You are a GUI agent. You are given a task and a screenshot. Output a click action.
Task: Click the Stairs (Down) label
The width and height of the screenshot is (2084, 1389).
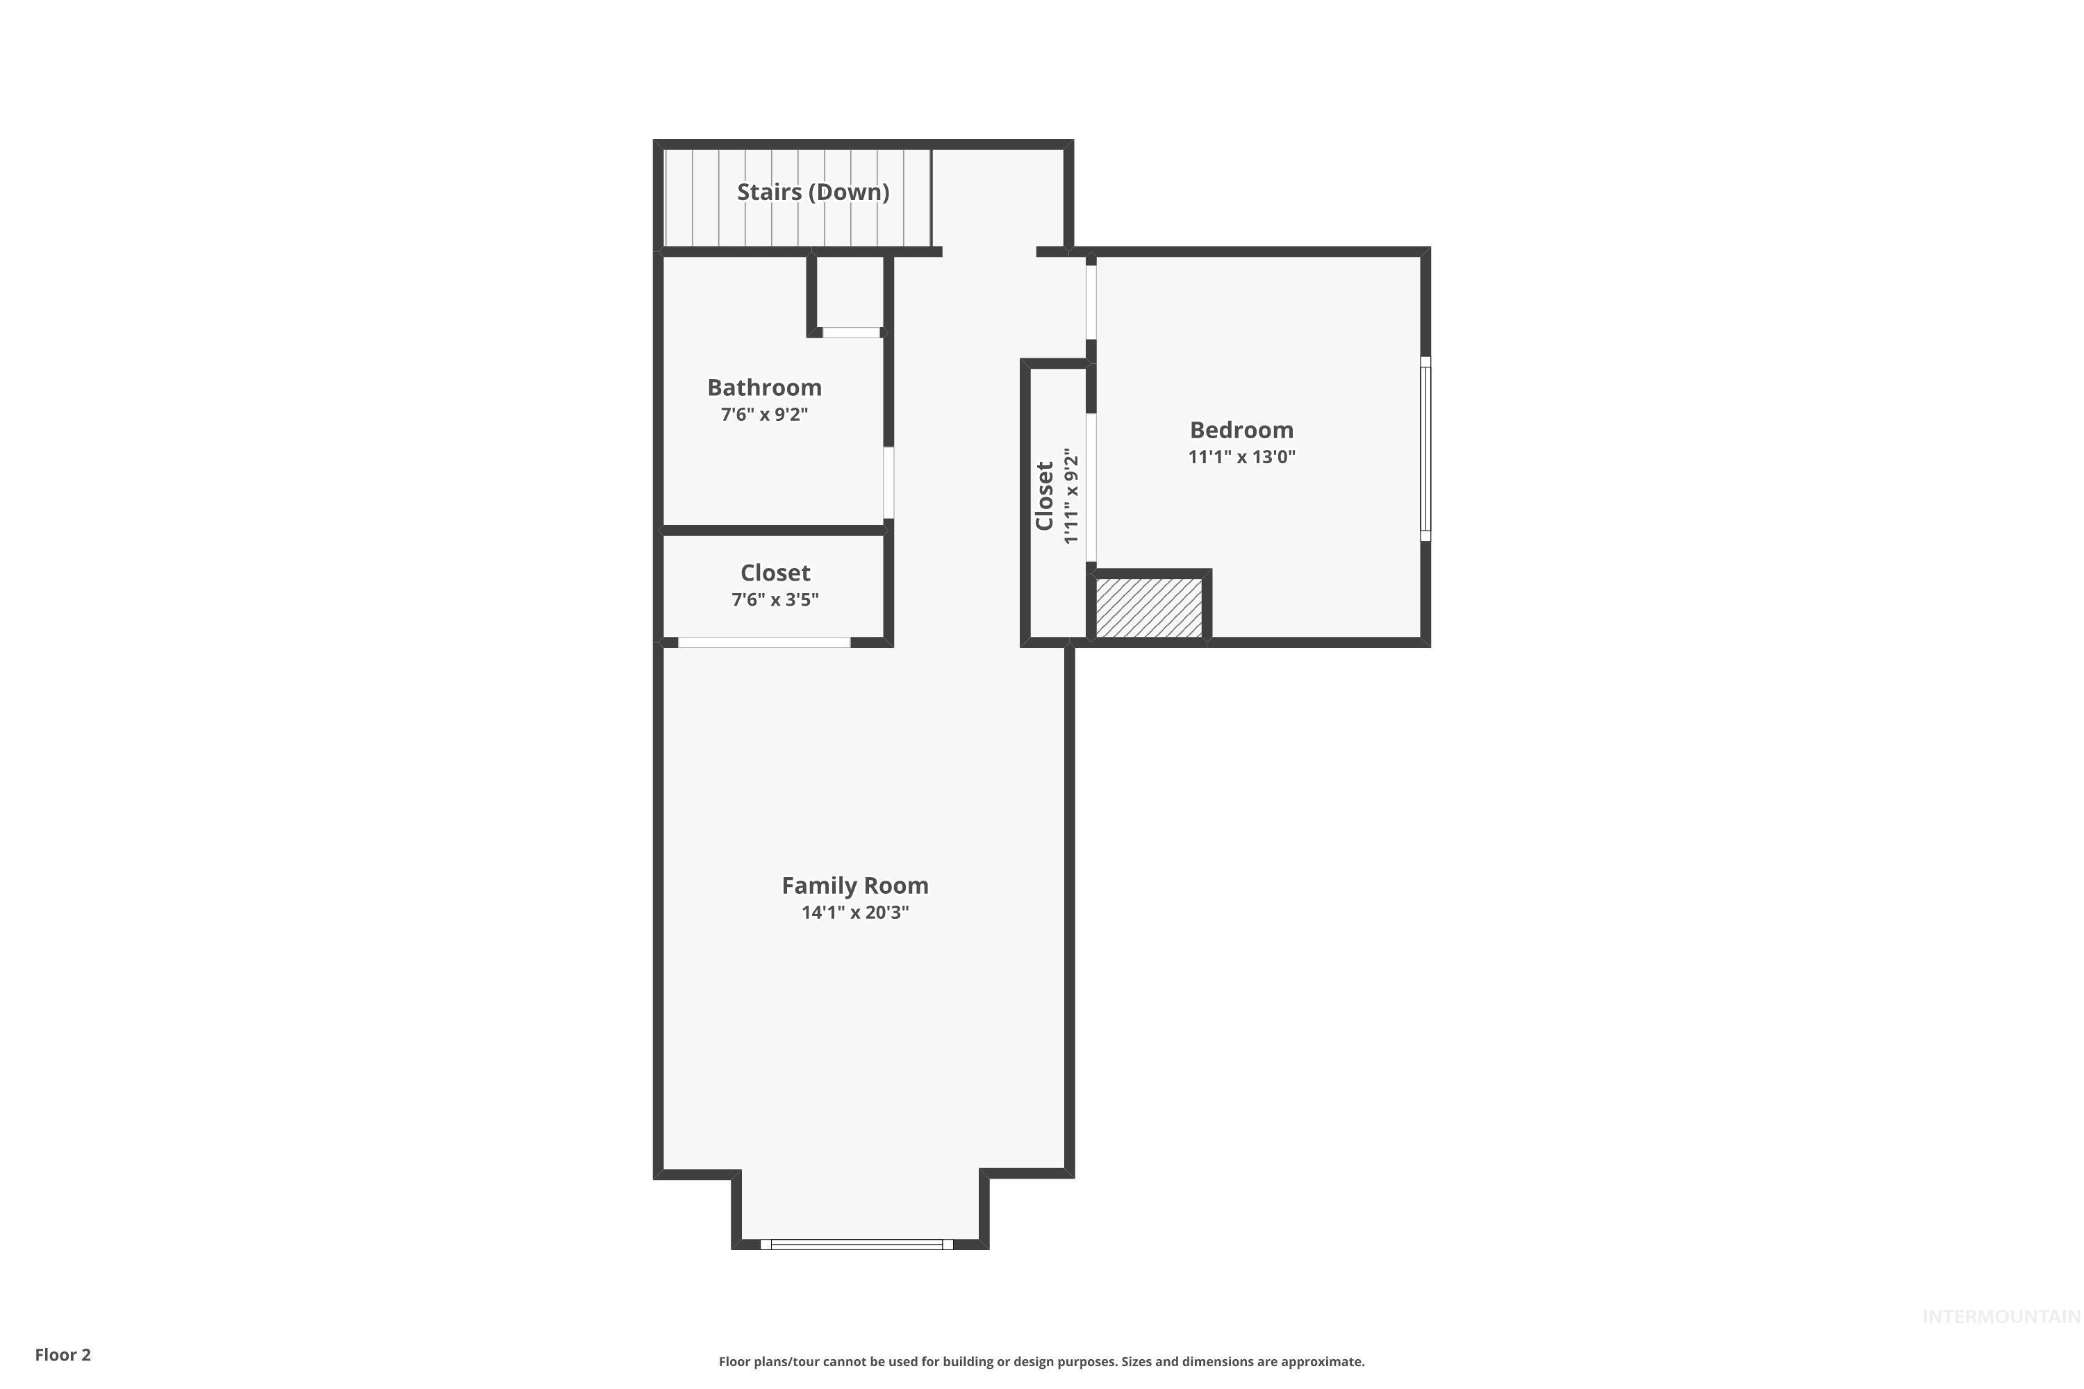coord(813,192)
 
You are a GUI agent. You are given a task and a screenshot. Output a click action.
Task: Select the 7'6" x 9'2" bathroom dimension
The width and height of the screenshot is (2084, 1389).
coord(763,415)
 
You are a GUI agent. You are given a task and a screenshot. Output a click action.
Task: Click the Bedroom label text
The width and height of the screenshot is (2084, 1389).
coord(1241,430)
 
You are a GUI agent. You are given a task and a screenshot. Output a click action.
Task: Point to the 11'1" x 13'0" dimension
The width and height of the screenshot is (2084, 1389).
coord(1241,457)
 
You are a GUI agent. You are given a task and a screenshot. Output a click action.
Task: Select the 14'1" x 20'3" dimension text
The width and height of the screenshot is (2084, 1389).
coord(854,913)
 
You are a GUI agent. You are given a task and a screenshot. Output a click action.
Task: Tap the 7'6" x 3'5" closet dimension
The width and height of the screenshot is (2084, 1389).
coord(775,600)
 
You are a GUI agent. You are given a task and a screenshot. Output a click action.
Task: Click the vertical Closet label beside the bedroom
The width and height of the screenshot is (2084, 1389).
coord(1045,495)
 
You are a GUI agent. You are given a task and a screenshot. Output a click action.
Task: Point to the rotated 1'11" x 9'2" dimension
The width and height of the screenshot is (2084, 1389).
coord(1071,496)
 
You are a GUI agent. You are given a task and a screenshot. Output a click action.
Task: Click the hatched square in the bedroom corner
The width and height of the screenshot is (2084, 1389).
coord(1148,608)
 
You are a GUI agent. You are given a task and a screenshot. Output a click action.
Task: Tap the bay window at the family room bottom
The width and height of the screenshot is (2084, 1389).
coord(856,1244)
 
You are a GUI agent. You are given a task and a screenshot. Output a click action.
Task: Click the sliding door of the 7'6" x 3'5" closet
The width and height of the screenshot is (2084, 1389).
coord(763,642)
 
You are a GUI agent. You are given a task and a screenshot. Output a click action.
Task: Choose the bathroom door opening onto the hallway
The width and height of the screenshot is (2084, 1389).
coord(888,483)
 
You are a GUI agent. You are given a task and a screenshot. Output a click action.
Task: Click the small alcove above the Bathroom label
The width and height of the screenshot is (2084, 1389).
coord(849,292)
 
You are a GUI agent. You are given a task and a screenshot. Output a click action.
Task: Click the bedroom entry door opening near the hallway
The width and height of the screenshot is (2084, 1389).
coord(1091,302)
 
